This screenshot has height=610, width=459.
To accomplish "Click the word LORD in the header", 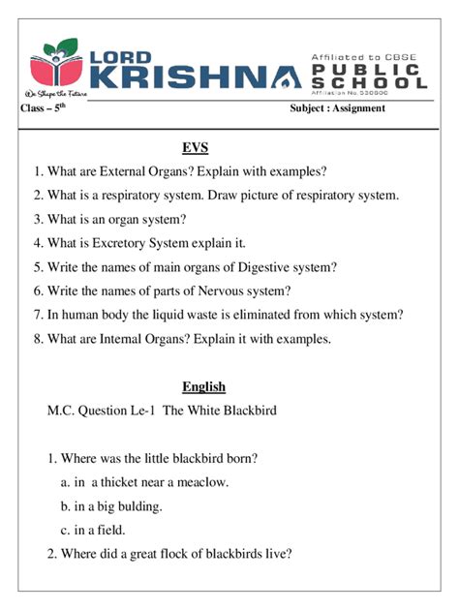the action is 127,54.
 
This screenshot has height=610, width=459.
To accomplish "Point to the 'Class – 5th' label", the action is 44,108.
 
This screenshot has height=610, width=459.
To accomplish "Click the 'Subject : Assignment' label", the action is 337,108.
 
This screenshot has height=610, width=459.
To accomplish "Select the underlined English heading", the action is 203,387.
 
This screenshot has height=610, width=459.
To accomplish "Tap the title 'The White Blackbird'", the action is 220,411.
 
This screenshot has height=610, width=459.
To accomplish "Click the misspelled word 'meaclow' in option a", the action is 203,482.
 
